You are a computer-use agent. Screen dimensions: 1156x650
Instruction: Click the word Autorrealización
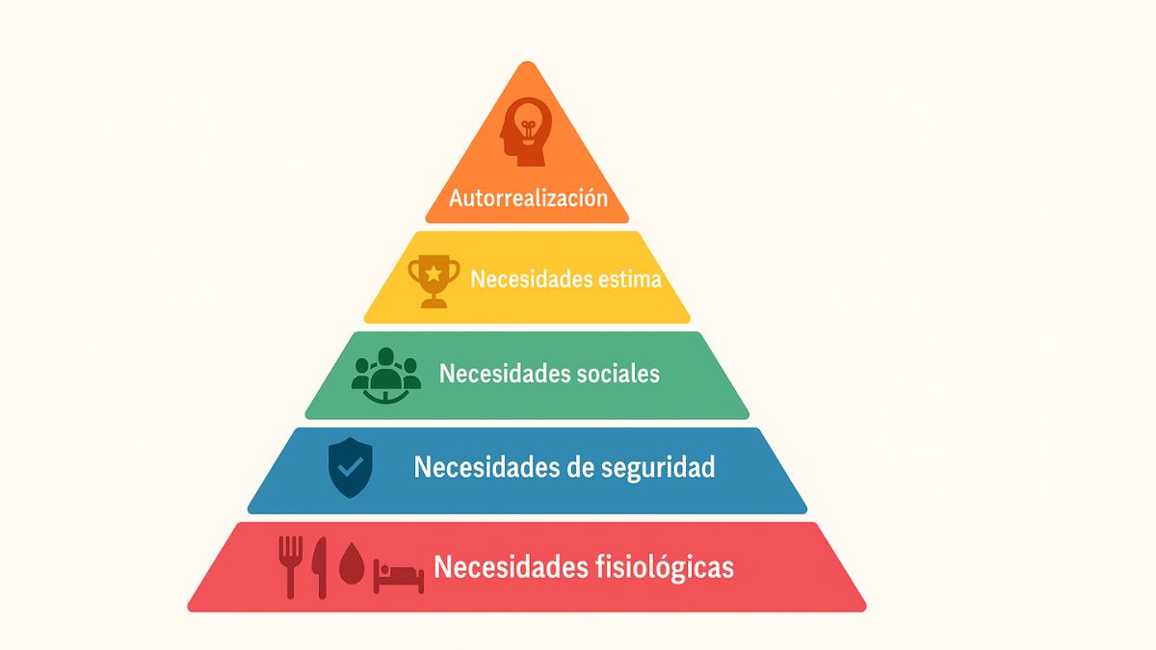coord(529,198)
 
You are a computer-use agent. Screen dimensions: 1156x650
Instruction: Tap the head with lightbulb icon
coord(526,132)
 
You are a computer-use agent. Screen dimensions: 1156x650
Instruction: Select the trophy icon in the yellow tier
coord(433,281)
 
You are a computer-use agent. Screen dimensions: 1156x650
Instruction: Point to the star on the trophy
coord(433,273)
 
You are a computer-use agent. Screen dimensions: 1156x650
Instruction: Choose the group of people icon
coord(386,376)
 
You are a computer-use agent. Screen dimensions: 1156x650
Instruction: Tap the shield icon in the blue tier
coord(351,467)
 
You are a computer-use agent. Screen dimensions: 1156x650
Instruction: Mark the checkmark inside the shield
coord(351,467)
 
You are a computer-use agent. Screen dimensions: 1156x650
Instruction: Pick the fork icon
coord(291,567)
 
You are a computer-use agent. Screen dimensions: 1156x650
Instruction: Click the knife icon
coord(320,568)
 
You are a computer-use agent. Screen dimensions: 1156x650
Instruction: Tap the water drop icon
coord(352,562)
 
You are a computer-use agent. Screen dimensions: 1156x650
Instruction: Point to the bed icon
coord(399,576)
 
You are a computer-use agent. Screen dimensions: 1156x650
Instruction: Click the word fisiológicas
coord(665,567)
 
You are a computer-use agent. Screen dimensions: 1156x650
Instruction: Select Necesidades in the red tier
coord(511,566)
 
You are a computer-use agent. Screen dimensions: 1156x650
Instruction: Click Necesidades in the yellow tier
coord(531,279)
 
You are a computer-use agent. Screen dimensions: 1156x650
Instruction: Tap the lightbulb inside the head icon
coord(527,124)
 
